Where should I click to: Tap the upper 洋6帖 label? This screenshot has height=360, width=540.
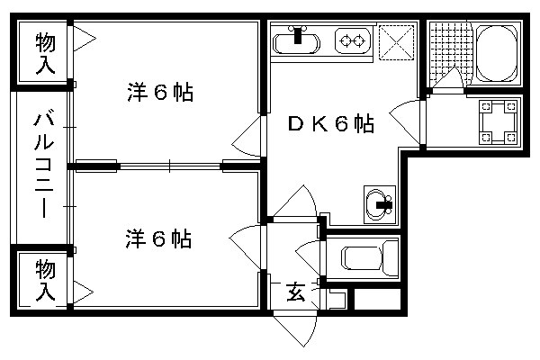pos(160,93)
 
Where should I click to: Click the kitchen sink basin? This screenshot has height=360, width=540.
pos(296,40)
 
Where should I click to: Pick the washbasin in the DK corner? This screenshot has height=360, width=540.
pos(379,202)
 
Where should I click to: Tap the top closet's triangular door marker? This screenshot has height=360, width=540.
pos(83,40)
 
